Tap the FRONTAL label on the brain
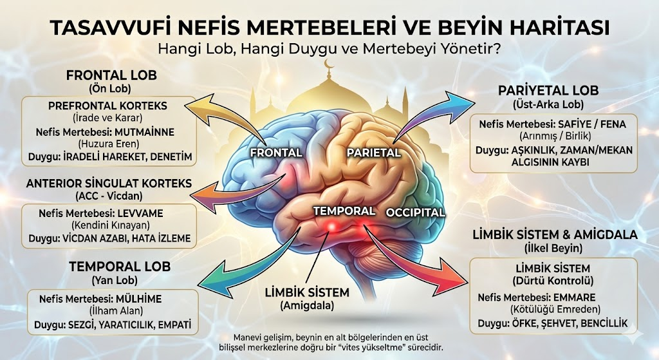tap(277, 153)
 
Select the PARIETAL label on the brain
tap(373, 153)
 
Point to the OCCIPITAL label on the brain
tap(415, 213)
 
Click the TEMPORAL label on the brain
tap(344, 211)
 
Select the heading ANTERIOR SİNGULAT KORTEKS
tap(109, 184)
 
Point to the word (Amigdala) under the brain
tap(307, 306)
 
